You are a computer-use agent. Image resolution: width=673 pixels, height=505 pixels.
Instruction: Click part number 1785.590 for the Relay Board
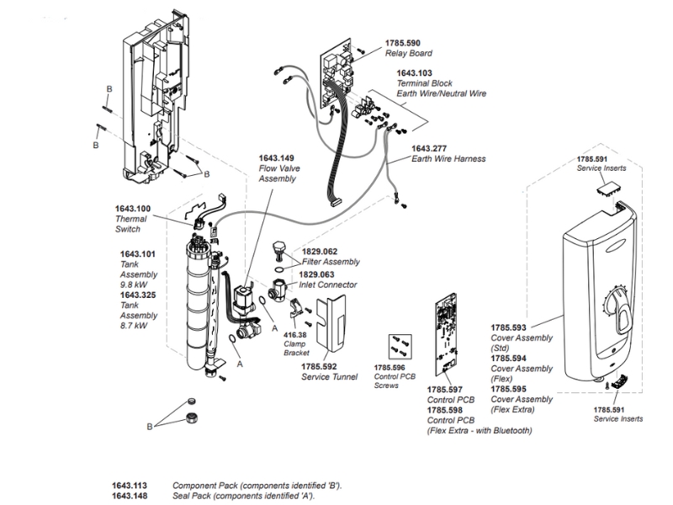point(402,43)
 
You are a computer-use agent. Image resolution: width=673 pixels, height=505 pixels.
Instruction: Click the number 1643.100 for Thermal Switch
point(133,209)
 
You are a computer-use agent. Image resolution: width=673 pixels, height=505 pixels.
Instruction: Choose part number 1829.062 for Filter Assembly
point(319,251)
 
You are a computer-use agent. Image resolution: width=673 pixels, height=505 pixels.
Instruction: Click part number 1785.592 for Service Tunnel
point(319,366)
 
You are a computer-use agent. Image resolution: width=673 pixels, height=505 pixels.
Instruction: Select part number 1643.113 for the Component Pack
point(130,486)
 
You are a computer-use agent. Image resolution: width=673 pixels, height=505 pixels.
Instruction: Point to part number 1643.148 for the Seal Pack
point(130,496)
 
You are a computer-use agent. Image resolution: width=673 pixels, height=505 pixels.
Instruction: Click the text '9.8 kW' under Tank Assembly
point(134,284)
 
